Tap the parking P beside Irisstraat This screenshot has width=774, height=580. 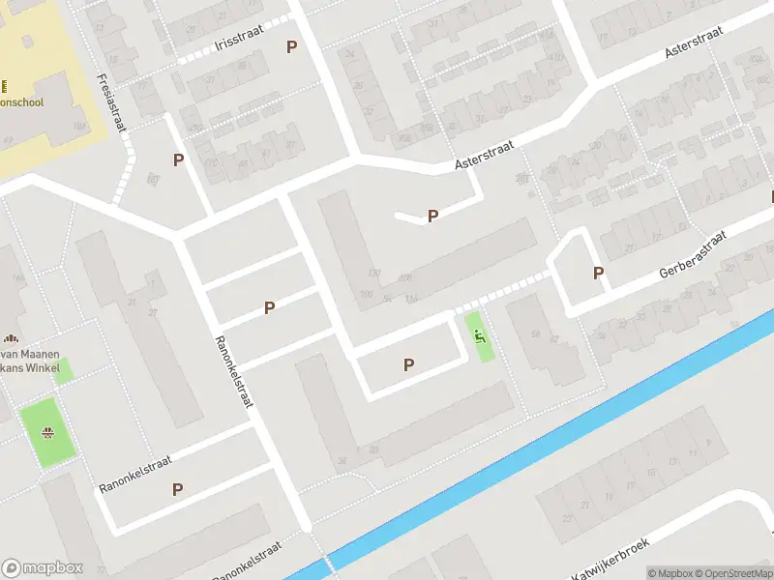coord(291,46)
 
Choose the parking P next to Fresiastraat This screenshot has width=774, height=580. coord(178,160)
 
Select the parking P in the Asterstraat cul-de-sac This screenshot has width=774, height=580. coord(432,217)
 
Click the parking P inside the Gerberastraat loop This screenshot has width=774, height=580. coord(598,274)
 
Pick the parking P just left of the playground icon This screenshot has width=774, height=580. coord(408,364)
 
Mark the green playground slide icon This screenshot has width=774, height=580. coord(479,337)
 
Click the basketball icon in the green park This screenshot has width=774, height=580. coord(45,432)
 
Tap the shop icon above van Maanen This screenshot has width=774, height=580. coord(11,339)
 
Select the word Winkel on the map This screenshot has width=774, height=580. coord(45,368)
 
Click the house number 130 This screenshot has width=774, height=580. coord(374,274)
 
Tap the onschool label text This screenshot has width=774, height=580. coord(29,101)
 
